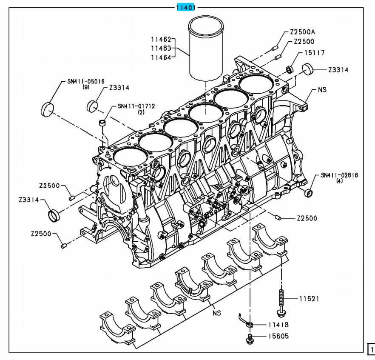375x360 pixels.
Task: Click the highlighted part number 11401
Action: tap(186, 7)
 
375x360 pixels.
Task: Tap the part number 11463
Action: tap(161, 49)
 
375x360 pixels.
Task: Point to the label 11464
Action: tap(161, 57)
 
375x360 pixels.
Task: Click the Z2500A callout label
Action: tap(305, 32)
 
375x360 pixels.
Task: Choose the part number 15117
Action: tap(314, 53)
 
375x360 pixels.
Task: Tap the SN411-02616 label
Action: tap(340, 175)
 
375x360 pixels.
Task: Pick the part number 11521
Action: tap(309, 299)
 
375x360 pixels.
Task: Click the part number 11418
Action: tap(278, 325)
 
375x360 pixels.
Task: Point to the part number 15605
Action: tap(278, 336)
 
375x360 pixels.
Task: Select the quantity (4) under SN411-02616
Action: tap(339, 181)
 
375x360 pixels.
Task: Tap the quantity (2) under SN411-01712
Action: tap(141, 112)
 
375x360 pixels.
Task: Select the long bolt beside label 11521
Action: tap(281, 303)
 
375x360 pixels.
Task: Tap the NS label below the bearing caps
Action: tap(217, 312)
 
